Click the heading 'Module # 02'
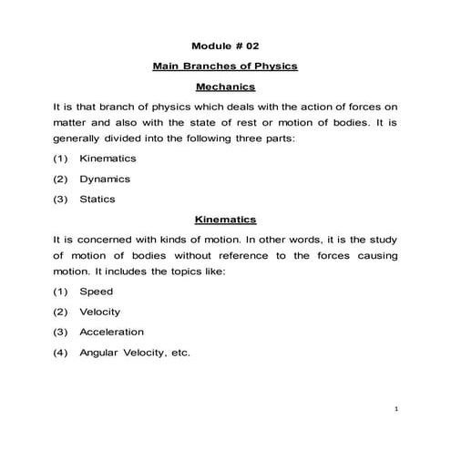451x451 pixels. [225, 45]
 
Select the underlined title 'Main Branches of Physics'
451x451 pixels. [225, 67]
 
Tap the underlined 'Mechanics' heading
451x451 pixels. [225, 87]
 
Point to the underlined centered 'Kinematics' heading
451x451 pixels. [225, 220]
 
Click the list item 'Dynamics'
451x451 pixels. [105, 179]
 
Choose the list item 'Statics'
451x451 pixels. [97, 200]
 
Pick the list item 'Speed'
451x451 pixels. [96, 292]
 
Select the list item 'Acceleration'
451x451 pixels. [111, 332]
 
